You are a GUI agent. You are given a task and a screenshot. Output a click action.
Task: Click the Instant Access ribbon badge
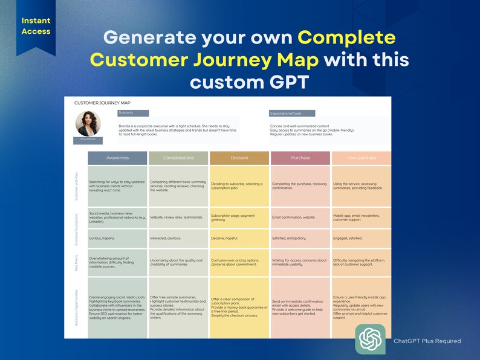pyautogui.click(x=36, y=25)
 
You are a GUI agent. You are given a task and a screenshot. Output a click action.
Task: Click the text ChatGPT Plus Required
pyautogui.click(x=427, y=341)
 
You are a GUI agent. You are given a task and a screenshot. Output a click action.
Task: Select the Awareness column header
pyautogui.click(x=117, y=158)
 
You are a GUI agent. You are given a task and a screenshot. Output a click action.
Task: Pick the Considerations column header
pyautogui.click(x=178, y=158)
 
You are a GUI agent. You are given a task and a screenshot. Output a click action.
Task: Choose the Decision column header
pyautogui.click(x=239, y=158)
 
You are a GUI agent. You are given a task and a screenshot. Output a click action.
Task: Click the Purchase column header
pyautogui.click(x=300, y=158)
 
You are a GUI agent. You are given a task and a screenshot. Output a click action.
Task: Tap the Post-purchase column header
pyautogui.click(x=362, y=158)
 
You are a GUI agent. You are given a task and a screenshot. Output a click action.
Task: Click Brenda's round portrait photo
pyautogui.click(x=88, y=123)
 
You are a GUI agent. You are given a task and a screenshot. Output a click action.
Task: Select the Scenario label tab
pyautogui.click(x=133, y=113)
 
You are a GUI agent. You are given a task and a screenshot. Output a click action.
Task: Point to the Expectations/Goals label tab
pyautogui.click(x=292, y=113)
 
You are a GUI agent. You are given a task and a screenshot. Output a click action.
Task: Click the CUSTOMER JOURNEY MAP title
pyautogui.click(x=102, y=103)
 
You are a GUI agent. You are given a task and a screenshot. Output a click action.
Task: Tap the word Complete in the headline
pyautogui.click(x=347, y=38)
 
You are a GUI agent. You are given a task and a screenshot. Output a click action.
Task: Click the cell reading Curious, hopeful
pyautogui.click(x=117, y=238)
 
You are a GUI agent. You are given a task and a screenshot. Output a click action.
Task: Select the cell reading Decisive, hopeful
pyautogui.click(x=239, y=238)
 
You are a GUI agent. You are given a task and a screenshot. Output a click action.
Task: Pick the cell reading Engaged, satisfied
pyautogui.click(x=362, y=238)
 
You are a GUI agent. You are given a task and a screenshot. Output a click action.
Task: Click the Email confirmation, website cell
pyautogui.click(x=300, y=217)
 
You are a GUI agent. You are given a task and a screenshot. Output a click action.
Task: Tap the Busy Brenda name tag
pyautogui.click(x=88, y=140)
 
